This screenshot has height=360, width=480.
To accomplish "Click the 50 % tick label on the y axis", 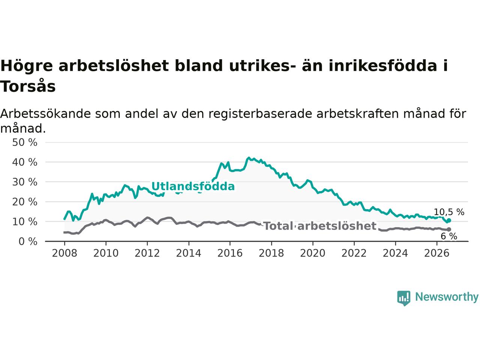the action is (x=25, y=142).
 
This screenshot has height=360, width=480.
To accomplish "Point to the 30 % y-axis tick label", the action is (x=25, y=182).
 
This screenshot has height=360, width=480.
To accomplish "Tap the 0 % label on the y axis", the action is (x=28, y=242).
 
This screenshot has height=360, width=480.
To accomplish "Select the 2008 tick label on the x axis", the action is (x=64, y=253).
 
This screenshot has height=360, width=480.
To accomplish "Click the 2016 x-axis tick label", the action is (x=230, y=253).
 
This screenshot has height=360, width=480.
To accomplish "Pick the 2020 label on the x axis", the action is (x=313, y=253).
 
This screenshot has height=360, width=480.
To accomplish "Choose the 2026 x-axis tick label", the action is (x=437, y=253).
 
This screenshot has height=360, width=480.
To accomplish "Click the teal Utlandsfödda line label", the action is (x=193, y=186).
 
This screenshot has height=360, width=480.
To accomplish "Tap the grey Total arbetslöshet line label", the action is (x=320, y=226).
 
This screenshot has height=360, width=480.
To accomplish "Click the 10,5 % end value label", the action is (x=449, y=212).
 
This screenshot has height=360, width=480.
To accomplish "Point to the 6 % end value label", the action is (x=449, y=236).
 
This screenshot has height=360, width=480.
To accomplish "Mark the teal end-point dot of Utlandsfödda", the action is (x=449, y=220).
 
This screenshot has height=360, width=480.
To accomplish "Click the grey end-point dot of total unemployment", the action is (x=449, y=229).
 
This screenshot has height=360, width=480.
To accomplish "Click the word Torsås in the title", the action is (x=28, y=86).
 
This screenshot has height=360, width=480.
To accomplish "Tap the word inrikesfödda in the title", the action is (x=383, y=66).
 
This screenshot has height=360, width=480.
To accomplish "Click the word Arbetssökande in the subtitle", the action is (x=45, y=114).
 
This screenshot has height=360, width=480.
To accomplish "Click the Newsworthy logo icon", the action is (x=403, y=298).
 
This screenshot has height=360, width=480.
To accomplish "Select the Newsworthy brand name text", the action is (x=447, y=297).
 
